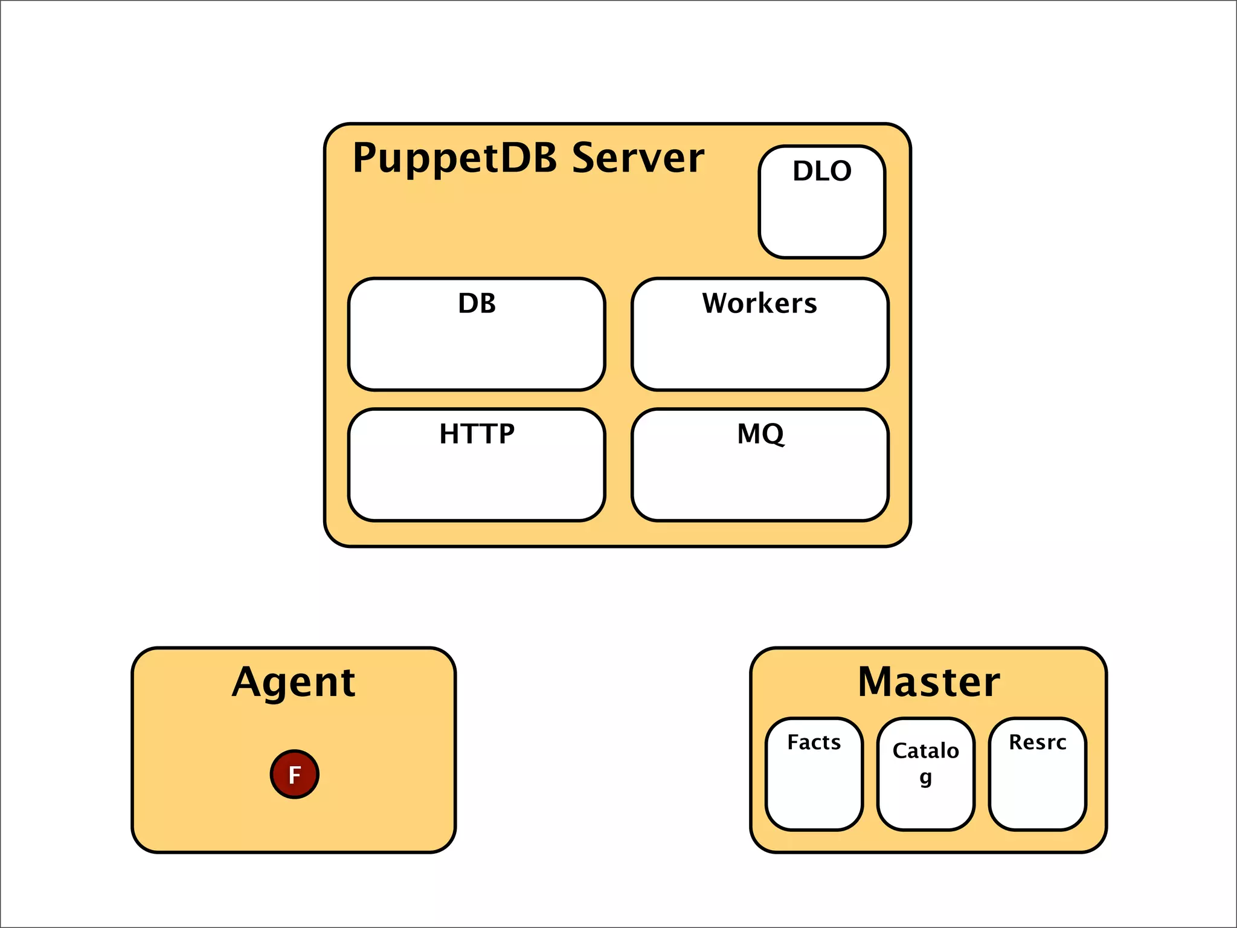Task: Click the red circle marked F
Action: coord(294,774)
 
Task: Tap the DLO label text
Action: coord(822,171)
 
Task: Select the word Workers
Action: coord(759,303)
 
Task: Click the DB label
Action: coord(477,303)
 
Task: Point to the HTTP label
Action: coord(477,434)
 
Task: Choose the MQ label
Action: coord(760,434)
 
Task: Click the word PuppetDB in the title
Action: coord(454,158)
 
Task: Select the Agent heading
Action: coord(294,683)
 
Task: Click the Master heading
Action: coord(928,682)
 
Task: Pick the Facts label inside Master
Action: coord(814,742)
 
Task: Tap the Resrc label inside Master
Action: coord(1037,742)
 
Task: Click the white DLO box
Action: coord(822,217)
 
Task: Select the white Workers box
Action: coord(760,353)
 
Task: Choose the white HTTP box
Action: coord(477,483)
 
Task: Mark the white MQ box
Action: coord(760,483)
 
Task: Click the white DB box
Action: coord(477,353)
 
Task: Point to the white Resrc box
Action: coord(1037,791)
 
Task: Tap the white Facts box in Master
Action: coord(814,791)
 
